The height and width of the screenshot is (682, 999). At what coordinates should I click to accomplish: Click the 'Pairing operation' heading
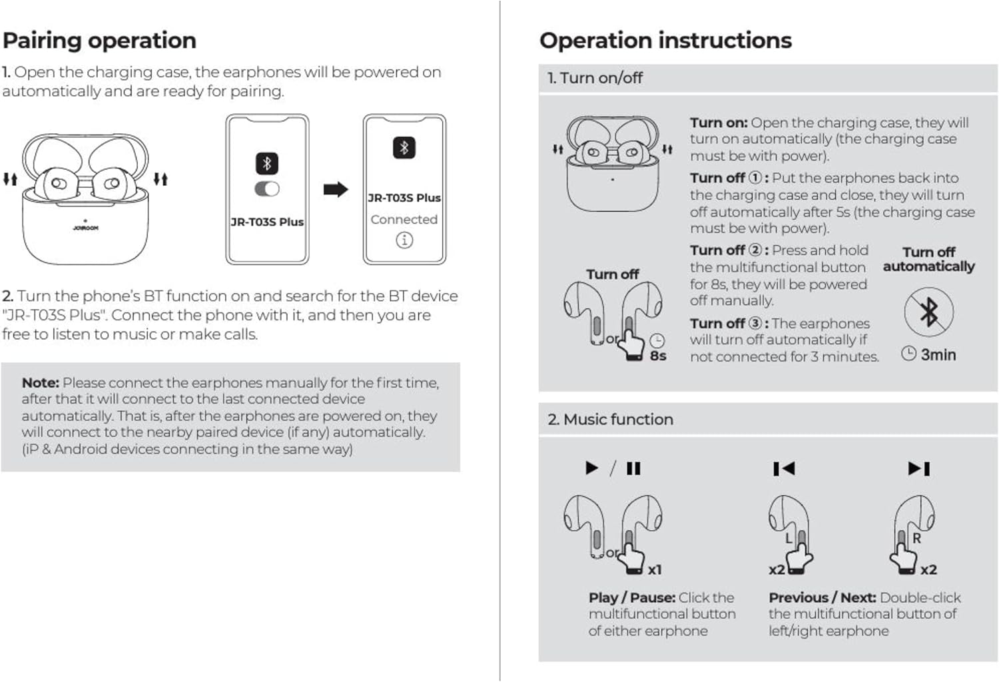pos(99,41)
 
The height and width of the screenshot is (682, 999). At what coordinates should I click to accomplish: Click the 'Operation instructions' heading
pos(665,41)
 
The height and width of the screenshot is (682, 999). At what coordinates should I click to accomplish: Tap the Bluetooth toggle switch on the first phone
pos(267,189)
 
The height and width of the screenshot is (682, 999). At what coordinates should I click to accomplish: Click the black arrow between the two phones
pos(336,190)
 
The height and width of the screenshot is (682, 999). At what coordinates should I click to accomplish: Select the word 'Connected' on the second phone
pos(404,219)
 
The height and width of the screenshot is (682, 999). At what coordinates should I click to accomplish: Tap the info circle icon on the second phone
pos(404,240)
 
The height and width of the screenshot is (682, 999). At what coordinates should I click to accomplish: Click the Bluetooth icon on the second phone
pos(404,147)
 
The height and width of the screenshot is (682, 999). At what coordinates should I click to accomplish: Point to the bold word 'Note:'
pos(40,383)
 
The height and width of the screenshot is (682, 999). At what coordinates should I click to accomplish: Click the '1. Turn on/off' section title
pos(595,78)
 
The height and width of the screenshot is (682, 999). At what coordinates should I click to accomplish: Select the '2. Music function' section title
pos(610,420)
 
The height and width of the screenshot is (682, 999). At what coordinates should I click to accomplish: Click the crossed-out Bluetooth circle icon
pos(928,312)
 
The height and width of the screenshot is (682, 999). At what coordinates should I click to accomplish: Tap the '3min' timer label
pos(938,355)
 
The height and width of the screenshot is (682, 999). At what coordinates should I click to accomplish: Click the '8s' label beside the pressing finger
pos(658,356)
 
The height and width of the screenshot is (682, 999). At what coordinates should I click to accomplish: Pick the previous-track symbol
pos(784,469)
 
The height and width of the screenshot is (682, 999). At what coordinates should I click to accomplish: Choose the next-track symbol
pos(919,469)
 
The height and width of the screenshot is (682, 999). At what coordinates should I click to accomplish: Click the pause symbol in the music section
pos(633,469)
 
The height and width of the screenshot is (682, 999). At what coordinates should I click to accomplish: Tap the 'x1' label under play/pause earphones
pos(655,570)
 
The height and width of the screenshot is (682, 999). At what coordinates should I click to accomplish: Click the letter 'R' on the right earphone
pos(916,538)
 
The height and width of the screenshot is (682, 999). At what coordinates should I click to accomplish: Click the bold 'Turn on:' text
pos(718,123)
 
